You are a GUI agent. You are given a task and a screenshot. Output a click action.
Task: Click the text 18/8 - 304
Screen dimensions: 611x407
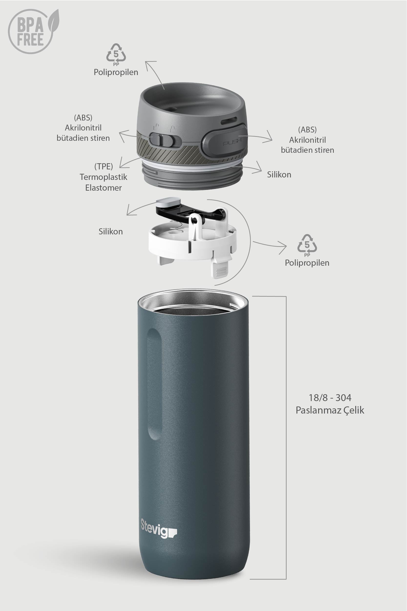tap(330, 398)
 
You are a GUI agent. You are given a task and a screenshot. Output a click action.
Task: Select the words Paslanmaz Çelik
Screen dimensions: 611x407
tap(330, 410)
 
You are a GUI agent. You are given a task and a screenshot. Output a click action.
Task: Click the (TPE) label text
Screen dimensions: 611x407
tap(103, 166)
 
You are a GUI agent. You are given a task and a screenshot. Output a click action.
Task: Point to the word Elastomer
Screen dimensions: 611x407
tap(103, 188)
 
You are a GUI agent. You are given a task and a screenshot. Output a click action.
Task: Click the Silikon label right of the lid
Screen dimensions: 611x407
tap(279, 175)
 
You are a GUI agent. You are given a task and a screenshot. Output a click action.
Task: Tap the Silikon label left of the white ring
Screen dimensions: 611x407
tap(111, 231)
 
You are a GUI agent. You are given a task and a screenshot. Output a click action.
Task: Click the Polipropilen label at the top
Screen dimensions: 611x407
tap(116, 72)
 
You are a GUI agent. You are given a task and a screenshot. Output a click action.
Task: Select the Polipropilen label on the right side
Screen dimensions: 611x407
tap(307, 263)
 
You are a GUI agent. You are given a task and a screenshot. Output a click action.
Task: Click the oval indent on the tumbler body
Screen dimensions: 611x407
tap(154, 384)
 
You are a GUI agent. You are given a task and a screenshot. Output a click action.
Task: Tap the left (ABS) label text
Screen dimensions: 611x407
tap(83, 118)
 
